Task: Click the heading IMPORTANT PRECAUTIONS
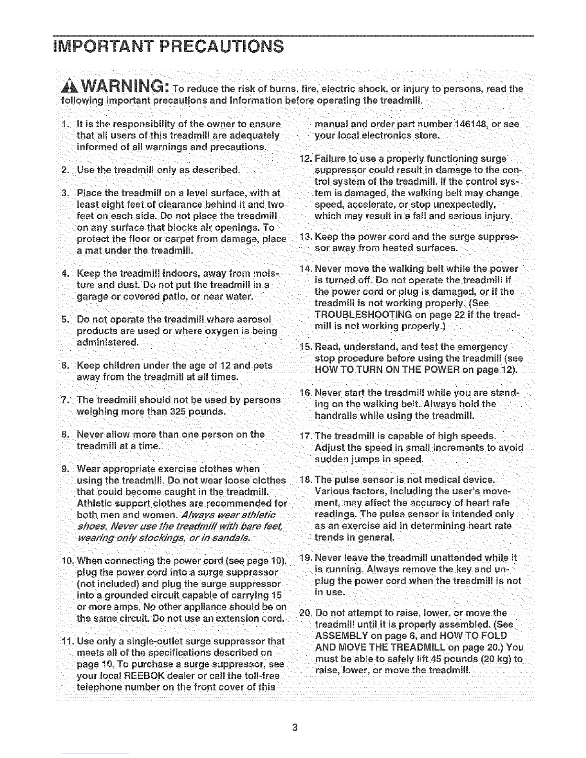[x=169, y=47]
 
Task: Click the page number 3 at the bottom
[x=294, y=728]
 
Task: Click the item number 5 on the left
[x=65, y=319]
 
